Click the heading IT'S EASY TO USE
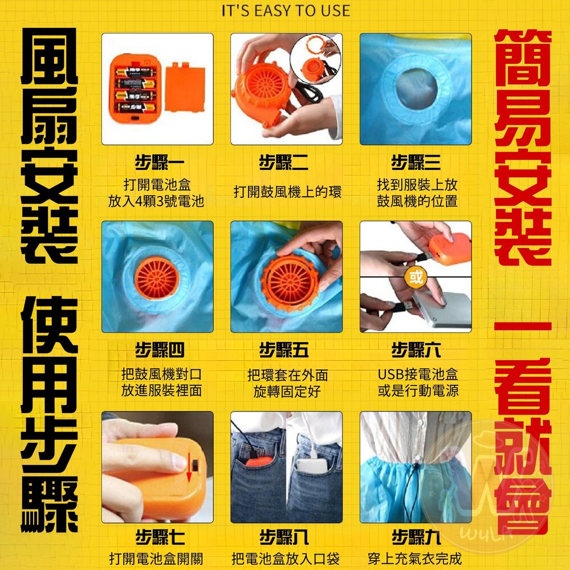286,11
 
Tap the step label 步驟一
160,162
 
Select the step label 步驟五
284,350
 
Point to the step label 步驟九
416,538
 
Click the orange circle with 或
416,277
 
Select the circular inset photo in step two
316,59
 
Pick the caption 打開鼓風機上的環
287,192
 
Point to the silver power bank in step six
442,310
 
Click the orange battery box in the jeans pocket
258,462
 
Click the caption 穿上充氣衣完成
415,559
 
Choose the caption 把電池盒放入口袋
286,559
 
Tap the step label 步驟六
416,350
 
